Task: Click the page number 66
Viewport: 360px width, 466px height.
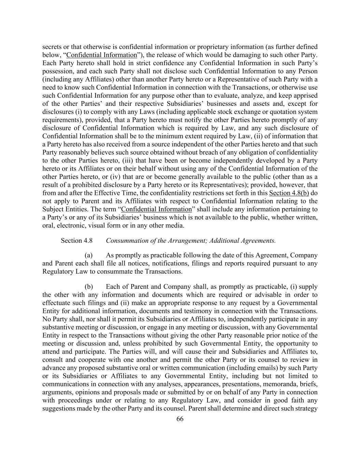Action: click(180, 419)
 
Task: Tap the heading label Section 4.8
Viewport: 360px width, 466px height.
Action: click(76, 241)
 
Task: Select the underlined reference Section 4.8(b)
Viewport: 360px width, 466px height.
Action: click(289, 193)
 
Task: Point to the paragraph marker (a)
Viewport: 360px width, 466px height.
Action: click(89, 255)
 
